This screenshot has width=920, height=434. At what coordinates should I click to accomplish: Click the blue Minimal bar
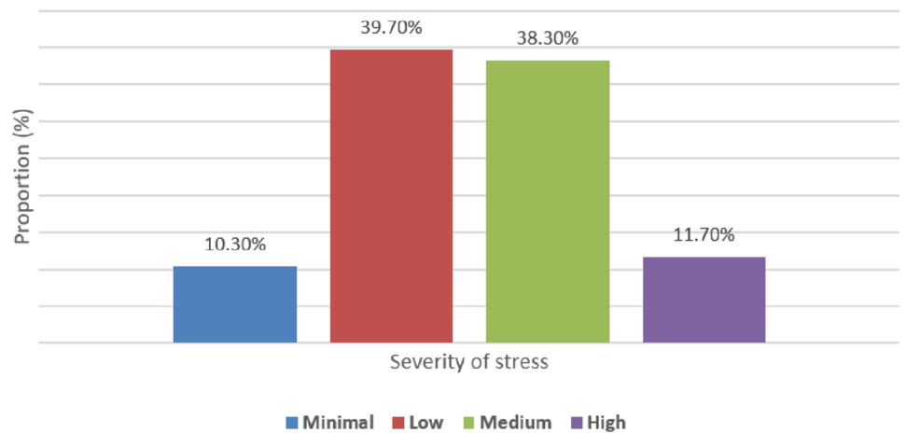click(x=235, y=304)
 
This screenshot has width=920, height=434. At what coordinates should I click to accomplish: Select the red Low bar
click(x=391, y=196)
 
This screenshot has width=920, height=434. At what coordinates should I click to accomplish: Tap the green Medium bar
click(x=548, y=202)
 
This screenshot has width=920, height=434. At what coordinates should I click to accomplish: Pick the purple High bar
click(x=704, y=300)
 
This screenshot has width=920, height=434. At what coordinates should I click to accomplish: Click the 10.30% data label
click(x=235, y=245)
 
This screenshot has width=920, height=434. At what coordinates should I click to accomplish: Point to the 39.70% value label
click(x=391, y=28)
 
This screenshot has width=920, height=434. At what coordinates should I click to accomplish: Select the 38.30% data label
click(x=548, y=39)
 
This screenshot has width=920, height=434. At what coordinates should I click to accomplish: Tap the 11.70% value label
click(x=704, y=234)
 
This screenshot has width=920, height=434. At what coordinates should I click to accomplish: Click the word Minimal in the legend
click(x=339, y=423)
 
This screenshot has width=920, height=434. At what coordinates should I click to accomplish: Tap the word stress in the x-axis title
click(x=523, y=362)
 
